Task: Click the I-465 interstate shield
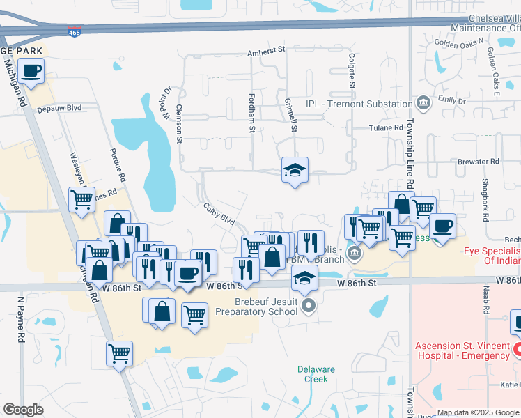[75, 32]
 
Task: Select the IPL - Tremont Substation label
[359, 104]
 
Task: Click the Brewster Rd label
[479, 162]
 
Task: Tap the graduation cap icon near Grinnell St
[295, 169]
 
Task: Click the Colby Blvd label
[219, 214]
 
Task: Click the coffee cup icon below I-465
[31, 71]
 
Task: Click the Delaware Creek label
[316, 374]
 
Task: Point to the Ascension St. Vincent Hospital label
[462, 350]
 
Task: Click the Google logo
[24, 410]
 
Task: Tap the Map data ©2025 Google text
[478, 412]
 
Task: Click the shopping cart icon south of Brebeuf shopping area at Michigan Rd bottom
[119, 353]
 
